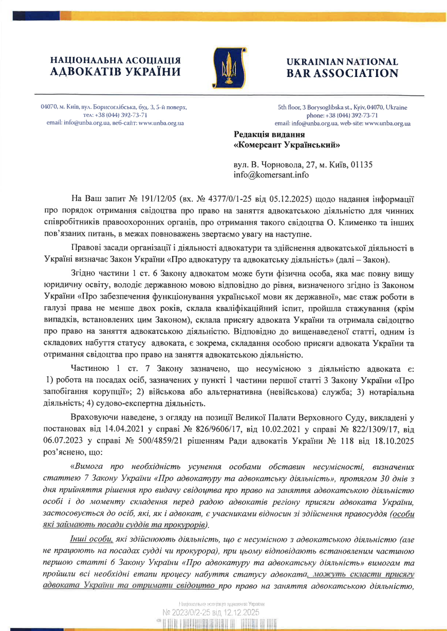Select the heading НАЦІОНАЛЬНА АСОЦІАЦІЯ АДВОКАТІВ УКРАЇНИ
coord(116,66)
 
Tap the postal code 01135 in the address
coord(362,165)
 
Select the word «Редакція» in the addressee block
coord(252,134)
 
